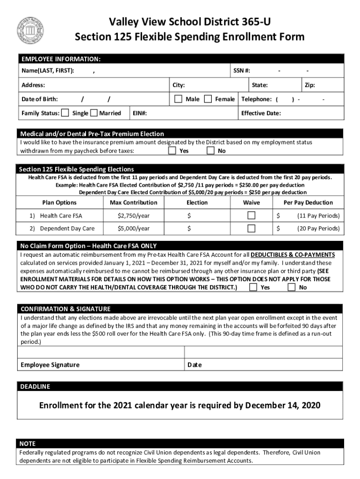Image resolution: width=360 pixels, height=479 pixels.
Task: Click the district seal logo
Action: [x=30, y=30]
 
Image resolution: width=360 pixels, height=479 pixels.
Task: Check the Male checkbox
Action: [x=178, y=99]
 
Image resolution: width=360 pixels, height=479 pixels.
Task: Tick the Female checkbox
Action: [x=208, y=99]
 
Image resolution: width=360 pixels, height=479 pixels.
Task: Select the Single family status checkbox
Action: [x=65, y=113]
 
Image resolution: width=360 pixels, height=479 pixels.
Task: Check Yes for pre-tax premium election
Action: [x=172, y=151]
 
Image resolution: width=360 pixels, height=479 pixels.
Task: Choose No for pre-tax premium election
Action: [x=210, y=151]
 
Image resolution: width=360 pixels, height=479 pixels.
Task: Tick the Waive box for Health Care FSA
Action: [x=252, y=216]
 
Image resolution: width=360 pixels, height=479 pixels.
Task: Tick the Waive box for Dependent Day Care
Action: [x=252, y=228]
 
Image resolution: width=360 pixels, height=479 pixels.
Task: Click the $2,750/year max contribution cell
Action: [x=133, y=216]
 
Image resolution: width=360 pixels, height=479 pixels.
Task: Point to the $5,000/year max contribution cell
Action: [x=133, y=228]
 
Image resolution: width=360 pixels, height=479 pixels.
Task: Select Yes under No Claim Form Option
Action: [x=253, y=287]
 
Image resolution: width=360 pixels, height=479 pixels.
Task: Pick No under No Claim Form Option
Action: [x=291, y=287]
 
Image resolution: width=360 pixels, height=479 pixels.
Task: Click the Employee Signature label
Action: [x=50, y=365]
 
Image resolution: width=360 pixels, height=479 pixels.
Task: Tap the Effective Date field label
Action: [x=261, y=113]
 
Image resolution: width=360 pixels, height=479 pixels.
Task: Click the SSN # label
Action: [x=242, y=71]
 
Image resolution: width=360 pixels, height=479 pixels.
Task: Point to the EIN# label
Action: [x=140, y=113]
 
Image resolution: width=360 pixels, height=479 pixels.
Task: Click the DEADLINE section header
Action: [x=35, y=386]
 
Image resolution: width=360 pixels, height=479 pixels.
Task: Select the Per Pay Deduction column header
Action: [x=308, y=203]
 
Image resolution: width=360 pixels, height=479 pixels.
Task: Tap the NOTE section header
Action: [x=28, y=443]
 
